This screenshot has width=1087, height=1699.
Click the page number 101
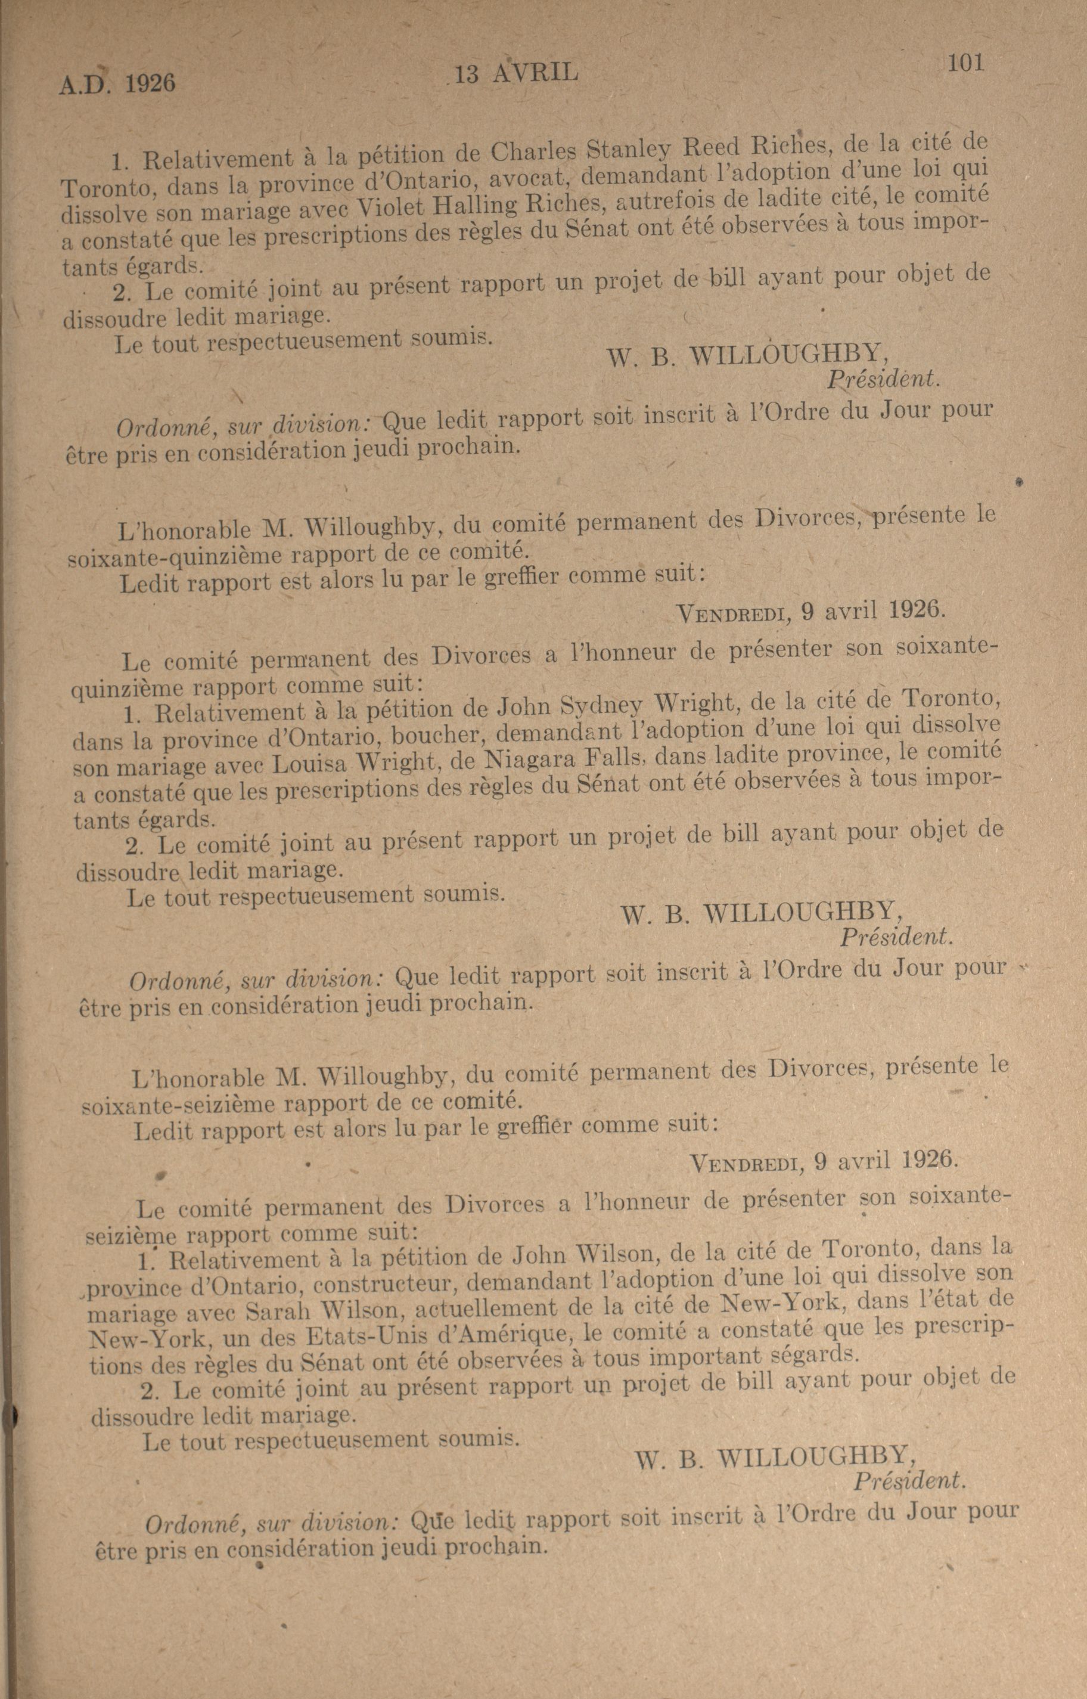(x=965, y=64)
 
